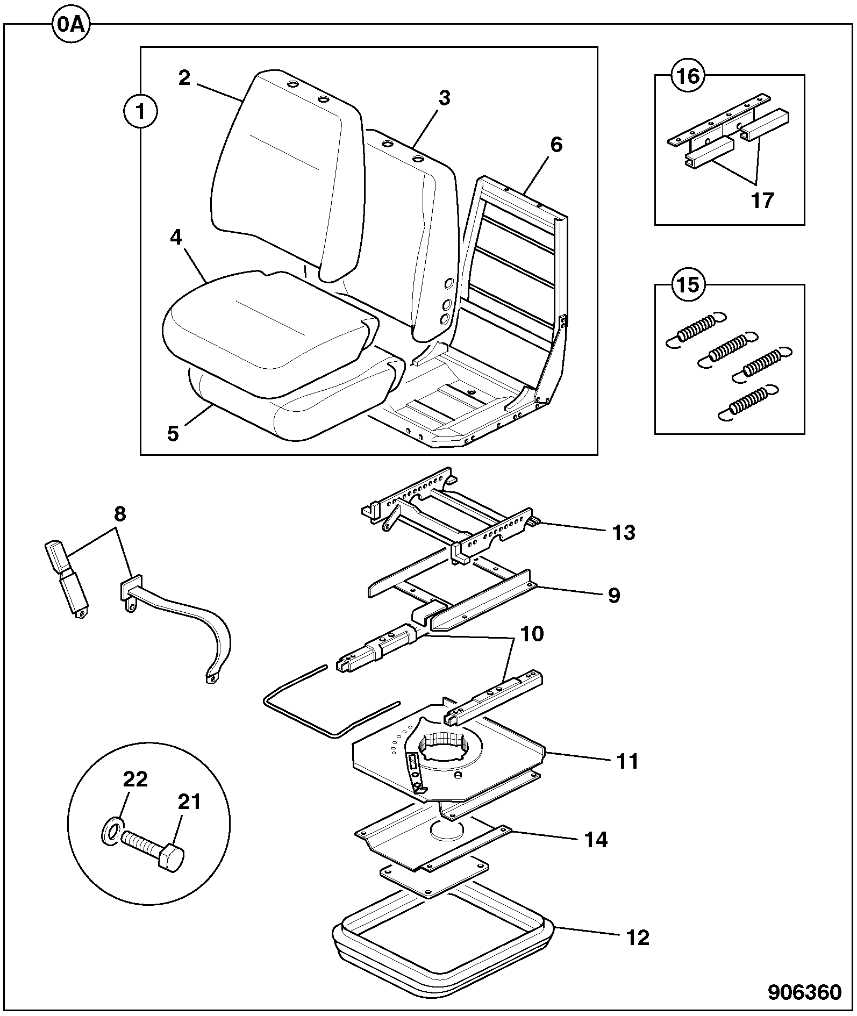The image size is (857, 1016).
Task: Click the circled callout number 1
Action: (x=140, y=112)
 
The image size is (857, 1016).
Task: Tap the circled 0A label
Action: (x=72, y=25)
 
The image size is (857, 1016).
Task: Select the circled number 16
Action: (x=689, y=76)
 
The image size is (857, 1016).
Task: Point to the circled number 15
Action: (x=689, y=284)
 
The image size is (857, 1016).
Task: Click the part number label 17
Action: (x=762, y=200)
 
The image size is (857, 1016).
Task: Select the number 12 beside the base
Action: (x=638, y=938)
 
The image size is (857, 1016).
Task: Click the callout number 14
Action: (x=596, y=840)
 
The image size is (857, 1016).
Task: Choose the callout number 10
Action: (x=532, y=634)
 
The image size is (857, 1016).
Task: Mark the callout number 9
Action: (x=614, y=595)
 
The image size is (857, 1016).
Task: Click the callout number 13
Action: (x=624, y=533)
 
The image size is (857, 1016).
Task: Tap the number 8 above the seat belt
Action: (x=119, y=514)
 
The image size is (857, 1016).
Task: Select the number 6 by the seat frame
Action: (x=556, y=145)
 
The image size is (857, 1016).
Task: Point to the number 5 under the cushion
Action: (x=173, y=433)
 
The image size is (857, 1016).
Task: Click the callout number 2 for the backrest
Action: (x=184, y=78)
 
